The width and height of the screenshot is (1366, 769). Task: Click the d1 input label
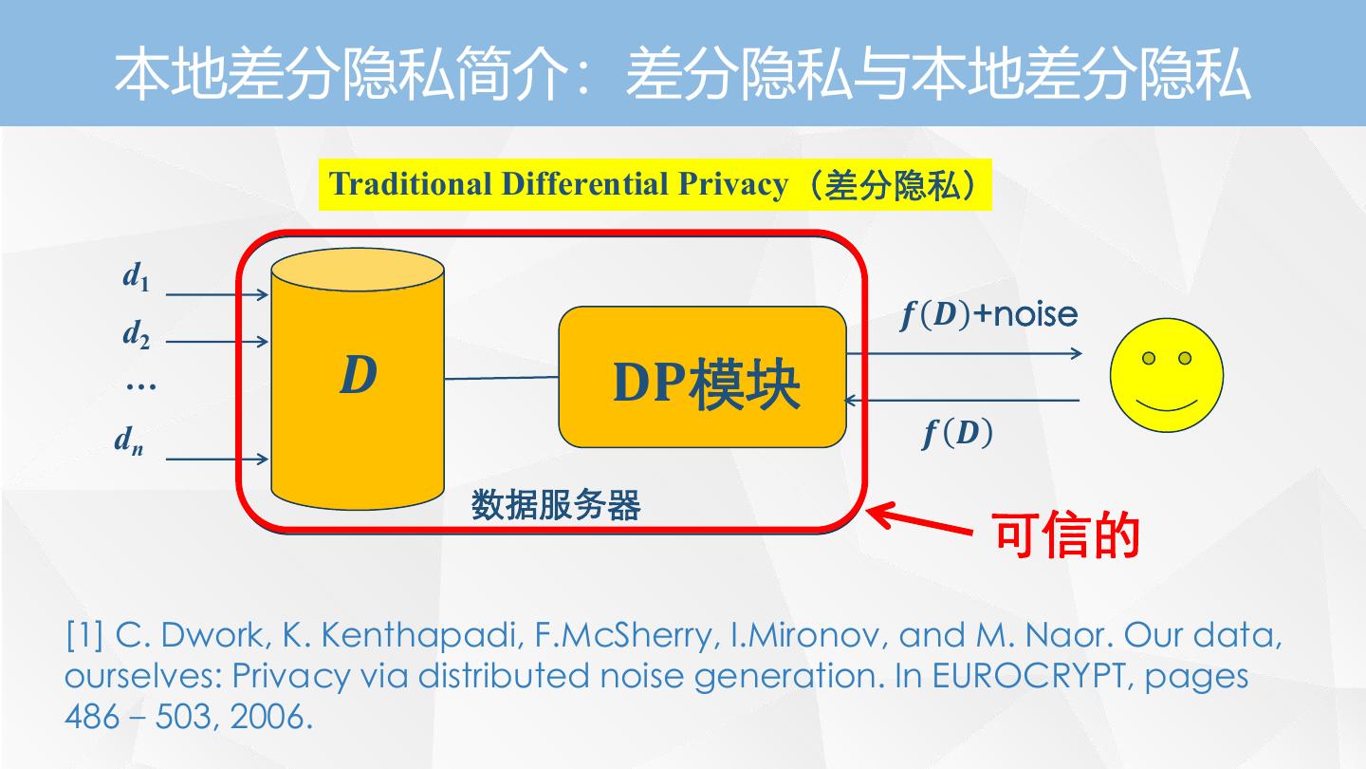tap(136, 277)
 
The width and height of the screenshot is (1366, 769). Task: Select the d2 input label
tap(136, 334)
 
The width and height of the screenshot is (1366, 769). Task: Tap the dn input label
tap(129, 440)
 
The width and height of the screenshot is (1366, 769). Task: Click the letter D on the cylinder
tap(358, 376)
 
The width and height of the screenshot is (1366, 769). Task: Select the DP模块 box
tap(702, 378)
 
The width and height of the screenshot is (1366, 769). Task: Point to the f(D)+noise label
tap(988, 314)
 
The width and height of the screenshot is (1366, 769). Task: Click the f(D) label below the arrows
tap(957, 434)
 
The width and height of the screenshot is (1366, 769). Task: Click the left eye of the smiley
tap(1149, 358)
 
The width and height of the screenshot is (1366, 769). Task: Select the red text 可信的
tap(1065, 536)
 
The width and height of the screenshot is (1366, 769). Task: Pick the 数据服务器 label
tap(556, 505)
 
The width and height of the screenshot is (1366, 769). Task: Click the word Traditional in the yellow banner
tap(411, 184)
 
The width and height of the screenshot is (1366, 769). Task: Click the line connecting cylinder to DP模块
tap(501, 378)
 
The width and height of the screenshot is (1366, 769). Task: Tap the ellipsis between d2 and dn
tap(140, 385)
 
